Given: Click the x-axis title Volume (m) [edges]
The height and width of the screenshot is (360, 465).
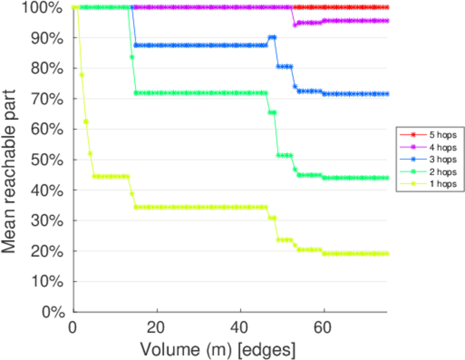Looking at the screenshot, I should coord(218,349).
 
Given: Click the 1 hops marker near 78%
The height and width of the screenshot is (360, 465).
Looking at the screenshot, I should coord(82,75).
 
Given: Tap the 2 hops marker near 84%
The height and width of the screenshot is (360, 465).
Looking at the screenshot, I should coord(132,57).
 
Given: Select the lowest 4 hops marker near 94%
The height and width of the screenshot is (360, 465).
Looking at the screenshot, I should coord(295,25).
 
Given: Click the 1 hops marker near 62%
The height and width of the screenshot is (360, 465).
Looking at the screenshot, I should coord(86,121).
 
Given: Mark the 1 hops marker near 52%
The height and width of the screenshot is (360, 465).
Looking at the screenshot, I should coord(90,154).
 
